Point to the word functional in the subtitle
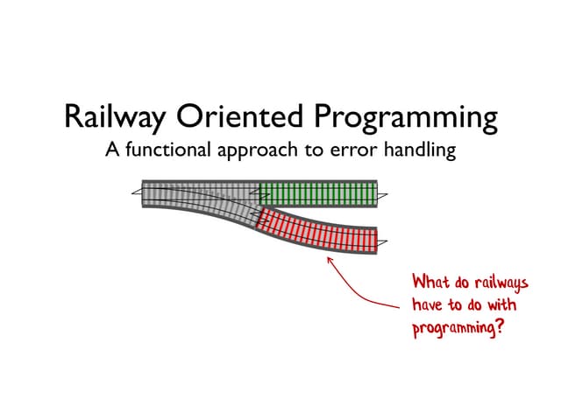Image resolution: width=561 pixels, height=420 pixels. click(167, 150)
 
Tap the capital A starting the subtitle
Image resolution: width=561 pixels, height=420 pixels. click(112, 150)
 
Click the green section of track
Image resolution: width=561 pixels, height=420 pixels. click(317, 192)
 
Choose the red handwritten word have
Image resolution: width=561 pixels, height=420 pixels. click(427, 306)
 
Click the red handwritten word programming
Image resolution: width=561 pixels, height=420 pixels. click(457, 330)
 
